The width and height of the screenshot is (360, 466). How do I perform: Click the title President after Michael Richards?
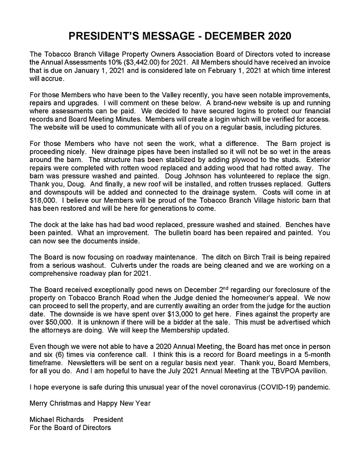[108, 420]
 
